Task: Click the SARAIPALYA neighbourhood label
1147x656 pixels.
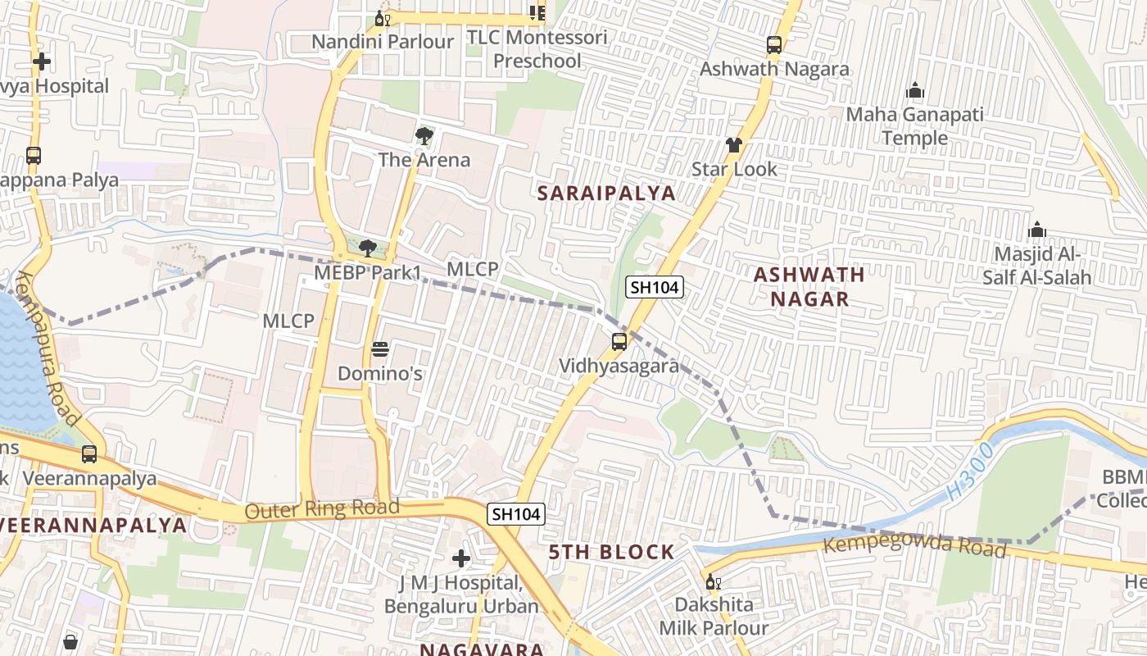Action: pos(606,194)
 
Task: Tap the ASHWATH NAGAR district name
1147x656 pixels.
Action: pos(809,286)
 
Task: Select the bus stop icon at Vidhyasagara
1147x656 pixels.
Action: pos(619,342)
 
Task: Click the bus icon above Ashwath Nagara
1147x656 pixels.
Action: pos(774,45)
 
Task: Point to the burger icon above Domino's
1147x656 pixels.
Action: pos(379,349)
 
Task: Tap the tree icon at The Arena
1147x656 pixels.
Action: pos(424,135)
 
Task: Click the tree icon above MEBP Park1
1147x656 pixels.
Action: pos(368,248)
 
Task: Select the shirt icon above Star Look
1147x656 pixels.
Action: pos(733,145)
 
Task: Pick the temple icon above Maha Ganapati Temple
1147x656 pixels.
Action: pos(914,91)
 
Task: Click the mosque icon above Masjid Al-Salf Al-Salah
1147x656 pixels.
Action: pos(1037,230)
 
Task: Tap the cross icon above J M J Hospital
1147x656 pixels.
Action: pos(461,558)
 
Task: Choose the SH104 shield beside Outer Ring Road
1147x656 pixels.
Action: pos(515,514)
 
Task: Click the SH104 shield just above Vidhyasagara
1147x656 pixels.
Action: pos(655,287)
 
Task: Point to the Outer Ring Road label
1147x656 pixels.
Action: pos(322,509)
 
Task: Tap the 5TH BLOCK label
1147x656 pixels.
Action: pos(612,552)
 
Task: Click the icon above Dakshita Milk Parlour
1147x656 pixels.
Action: pos(713,582)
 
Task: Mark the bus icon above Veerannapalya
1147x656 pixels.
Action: pos(89,453)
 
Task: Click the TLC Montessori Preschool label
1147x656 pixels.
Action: pos(537,49)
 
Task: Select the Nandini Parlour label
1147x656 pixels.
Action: pos(383,42)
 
